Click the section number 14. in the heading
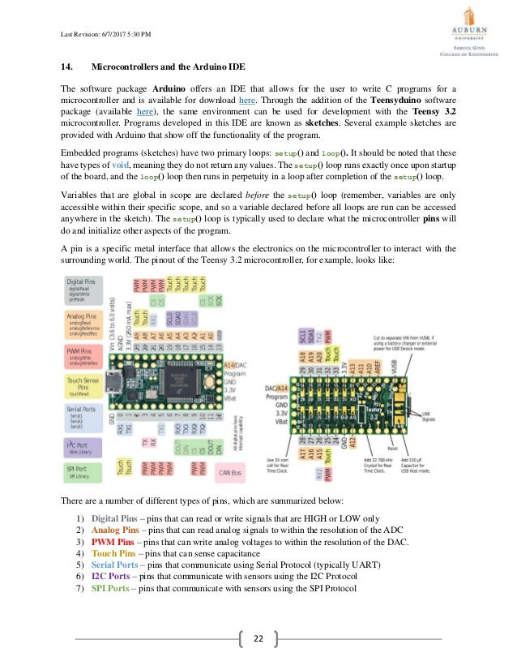point(69,65)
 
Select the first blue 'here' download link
point(243,100)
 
